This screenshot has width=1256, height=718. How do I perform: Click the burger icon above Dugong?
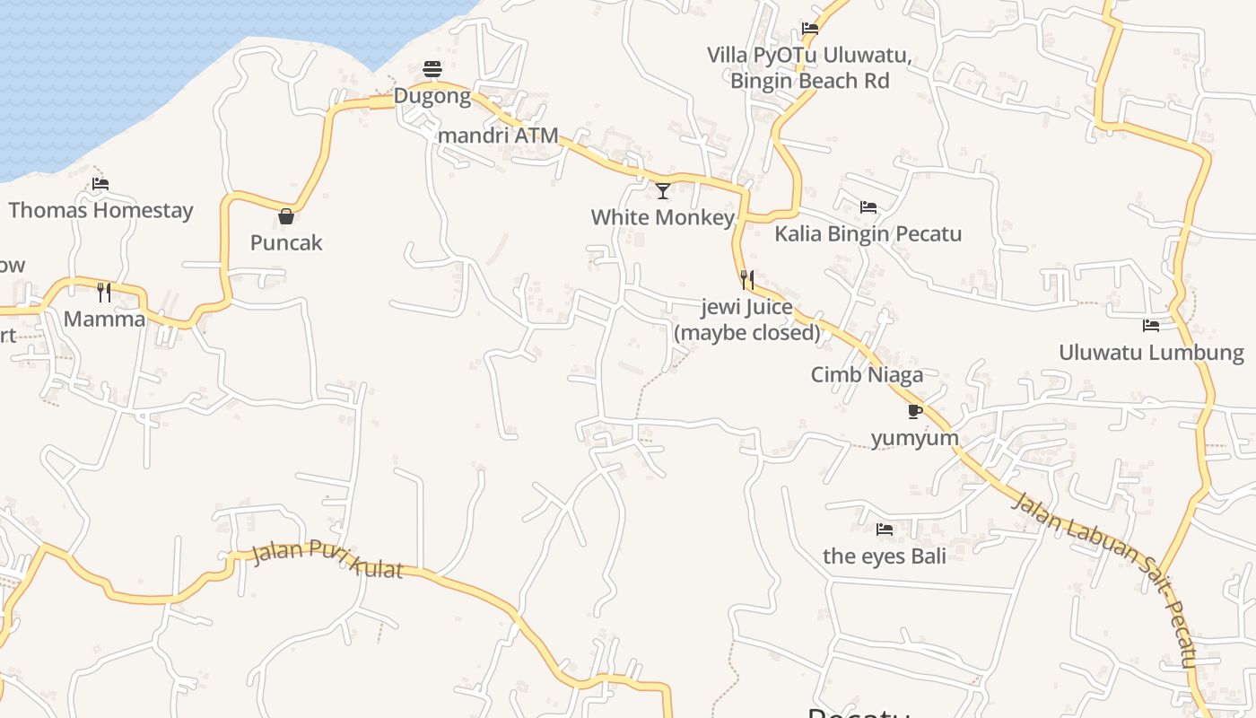click(432, 69)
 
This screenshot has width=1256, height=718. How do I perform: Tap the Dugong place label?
click(432, 96)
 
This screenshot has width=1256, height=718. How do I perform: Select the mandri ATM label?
click(498, 136)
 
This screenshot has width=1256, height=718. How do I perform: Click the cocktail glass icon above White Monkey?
click(663, 190)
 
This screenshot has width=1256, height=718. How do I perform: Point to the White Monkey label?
click(662, 217)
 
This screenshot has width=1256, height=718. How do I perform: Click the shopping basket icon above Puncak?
click(286, 216)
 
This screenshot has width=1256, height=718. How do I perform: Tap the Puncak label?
click(286, 242)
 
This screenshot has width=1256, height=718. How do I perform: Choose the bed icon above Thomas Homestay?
click(100, 184)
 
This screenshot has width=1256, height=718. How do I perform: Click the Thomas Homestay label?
click(100, 210)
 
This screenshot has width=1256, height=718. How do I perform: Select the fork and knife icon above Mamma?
click(104, 292)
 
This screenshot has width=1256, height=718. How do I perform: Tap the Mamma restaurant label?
click(104, 319)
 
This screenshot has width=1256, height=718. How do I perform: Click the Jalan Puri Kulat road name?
click(327, 558)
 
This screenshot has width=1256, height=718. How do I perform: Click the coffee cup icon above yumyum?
click(914, 411)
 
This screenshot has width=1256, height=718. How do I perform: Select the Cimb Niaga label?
click(867, 374)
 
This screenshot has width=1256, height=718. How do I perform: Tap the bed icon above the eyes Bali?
click(885, 530)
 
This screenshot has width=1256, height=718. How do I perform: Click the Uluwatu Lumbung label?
click(1151, 352)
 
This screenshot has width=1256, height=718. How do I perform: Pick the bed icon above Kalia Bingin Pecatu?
click(868, 207)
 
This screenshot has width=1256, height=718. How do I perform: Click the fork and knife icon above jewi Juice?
click(746, 280)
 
